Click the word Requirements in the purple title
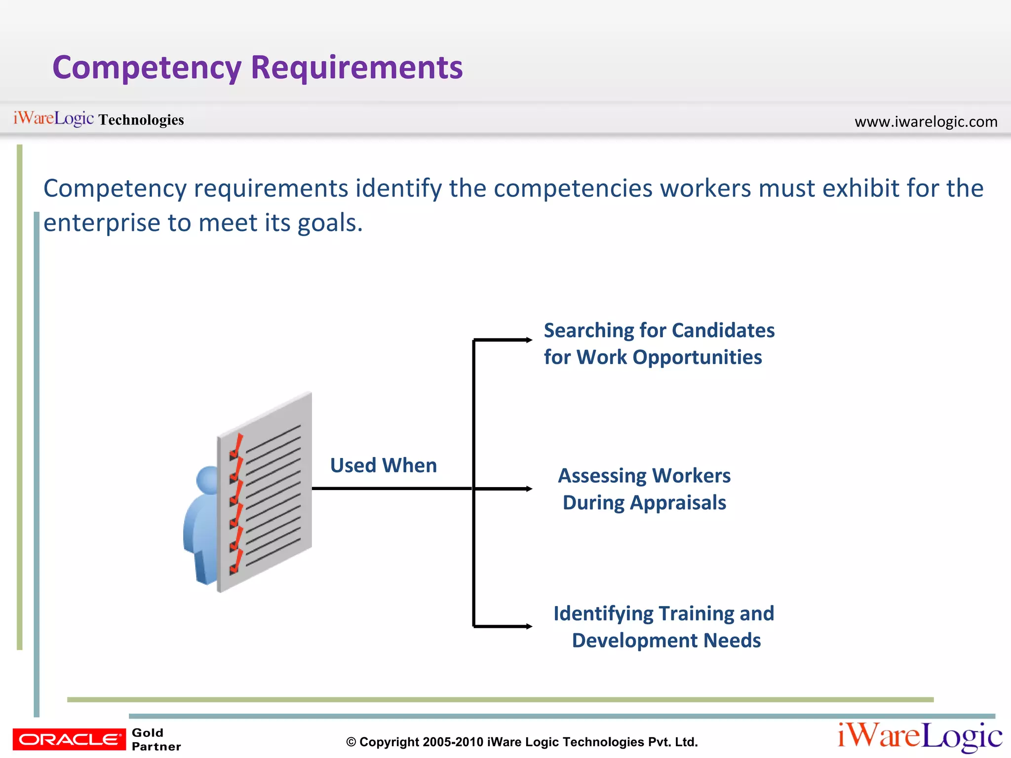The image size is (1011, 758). pyautogui.click(x=356, y=68)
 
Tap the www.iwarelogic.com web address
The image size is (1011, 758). pyautogui.click(x=926, y=121)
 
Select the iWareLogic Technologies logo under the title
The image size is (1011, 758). pyautogui.click(x=99, y=119)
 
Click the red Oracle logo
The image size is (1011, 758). pyautogui.click(x=69, y=739)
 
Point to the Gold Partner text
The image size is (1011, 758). pyautogui.click(x=156, y=739)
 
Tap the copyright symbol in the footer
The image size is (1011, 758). pyautogui.click(x=351, y=742)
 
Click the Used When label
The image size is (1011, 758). pyautogui.click(x=384, y=465)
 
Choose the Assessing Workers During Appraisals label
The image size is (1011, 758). pyautogui.click(x=644, y=489)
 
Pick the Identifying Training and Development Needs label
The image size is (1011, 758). pyautogui.click(x=664, y=627)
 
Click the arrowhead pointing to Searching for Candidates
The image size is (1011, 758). pyautogui.click(x=529, y=340)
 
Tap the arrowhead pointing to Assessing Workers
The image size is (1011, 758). pyautogui.click(x=529, y=489)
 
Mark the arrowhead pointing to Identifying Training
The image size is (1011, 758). pyautogui.click(x=529, y=627)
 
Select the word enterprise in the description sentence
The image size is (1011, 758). pyautogui.click(x=102, y=223)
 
